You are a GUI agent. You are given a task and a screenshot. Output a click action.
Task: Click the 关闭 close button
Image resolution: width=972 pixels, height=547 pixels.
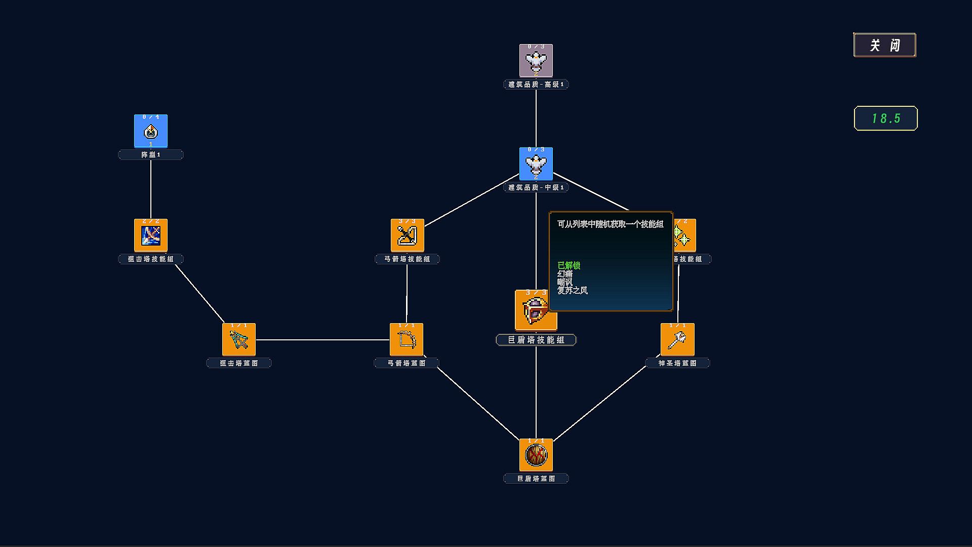(x=884, y=45)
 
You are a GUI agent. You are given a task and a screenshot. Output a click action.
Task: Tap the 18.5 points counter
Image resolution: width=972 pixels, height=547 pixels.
(x=885, y=118)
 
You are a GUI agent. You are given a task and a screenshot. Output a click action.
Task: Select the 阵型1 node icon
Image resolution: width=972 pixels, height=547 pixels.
(x=151, y=131)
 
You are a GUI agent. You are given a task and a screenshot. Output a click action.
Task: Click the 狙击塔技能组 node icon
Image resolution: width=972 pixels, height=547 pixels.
(x=151, y=236)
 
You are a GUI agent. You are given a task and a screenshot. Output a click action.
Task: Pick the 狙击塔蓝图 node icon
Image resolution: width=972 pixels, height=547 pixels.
(x=239, y=340)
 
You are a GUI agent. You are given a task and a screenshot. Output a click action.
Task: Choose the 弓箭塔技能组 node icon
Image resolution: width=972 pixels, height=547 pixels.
(x=407, y=236)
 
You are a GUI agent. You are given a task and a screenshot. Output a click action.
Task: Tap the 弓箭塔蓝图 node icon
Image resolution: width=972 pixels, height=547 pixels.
(x=407, y=340)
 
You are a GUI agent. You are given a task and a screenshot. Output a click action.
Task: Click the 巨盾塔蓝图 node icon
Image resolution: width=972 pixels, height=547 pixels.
(x=536, y=455)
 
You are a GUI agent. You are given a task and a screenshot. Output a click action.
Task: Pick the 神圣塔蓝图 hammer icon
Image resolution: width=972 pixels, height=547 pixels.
(x=677, y=340)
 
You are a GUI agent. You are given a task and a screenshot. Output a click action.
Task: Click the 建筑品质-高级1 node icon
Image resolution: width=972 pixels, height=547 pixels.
(x=536, y=61)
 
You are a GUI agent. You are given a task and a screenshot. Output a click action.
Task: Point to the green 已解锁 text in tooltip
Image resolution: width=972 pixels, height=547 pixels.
(x=569, y=265)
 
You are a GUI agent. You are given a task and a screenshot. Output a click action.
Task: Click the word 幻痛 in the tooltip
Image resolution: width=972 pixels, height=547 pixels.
(x=565, y=274)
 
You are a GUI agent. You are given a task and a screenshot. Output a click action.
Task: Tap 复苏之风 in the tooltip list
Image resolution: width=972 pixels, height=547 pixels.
(x=573, y=291)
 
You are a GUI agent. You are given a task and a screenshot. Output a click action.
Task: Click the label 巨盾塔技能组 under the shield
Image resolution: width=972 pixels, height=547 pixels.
(x=536, y=340)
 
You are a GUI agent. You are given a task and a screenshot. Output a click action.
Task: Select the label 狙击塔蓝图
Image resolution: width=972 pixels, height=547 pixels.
(x=239, y=363)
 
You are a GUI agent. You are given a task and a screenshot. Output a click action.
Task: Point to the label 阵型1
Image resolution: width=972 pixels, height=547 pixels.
(x=151, y=155)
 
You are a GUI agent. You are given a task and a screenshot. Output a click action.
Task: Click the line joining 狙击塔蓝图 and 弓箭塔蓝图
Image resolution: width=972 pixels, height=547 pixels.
(x=322, y=340)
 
